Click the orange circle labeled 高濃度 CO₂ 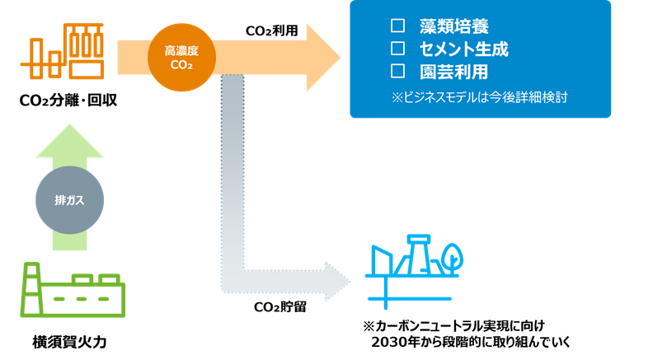tap(181, 57)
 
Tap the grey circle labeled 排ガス tap(70, 200)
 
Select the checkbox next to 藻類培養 tap(398, 26)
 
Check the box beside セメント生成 tap(398, 49)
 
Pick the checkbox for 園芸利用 tap(398, 71)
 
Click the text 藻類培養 tap(454, 26)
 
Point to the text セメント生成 tap(464, 49)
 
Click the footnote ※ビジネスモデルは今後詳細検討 tap(480, 97)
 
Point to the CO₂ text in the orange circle tap(181, 65)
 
